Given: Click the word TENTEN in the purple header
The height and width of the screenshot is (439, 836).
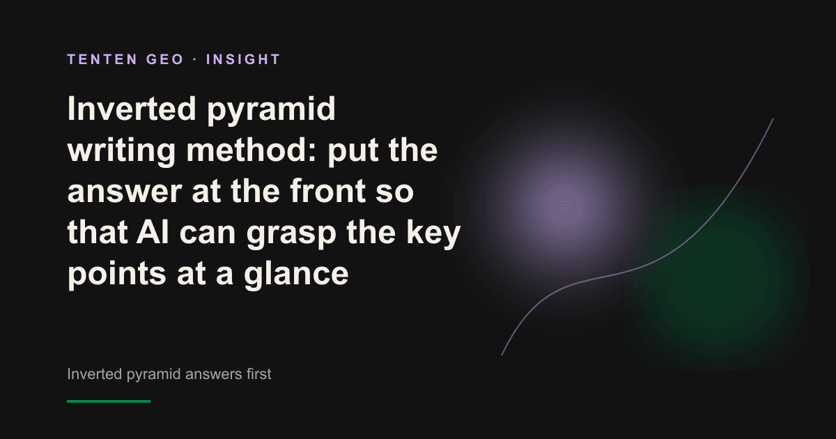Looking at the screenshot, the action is pyautogui.click(x=102, y=59).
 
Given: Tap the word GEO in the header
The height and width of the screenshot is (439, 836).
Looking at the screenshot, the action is pyautogui.click(x=165, y=59).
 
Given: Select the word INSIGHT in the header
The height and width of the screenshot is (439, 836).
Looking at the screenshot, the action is pyautogui.click(x=243, y=59).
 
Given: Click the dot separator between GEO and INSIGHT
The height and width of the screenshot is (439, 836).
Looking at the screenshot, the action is pyautogui.click(x=195, y=60).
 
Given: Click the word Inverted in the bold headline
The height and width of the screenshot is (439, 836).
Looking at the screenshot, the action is pyautogui.click(x=132, y=109).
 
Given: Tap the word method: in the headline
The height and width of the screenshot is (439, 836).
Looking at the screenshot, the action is pyautogui.click(x=251, y=150).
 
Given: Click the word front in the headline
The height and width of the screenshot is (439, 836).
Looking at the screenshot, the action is pyautogui.click(x=327, y=191).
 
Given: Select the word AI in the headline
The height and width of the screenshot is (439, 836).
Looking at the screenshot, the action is pyautogui.click(x=153, y=232).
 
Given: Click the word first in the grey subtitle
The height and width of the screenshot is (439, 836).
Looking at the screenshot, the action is pyautogui.click(x=258, y=373).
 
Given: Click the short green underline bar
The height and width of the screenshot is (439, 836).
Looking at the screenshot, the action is pyautogui.click(x=109, y=401).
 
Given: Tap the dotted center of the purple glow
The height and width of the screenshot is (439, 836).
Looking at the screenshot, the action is pyautogui.click(x=565, y=206).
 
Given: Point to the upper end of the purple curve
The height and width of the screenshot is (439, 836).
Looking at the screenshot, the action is pyautogui.click(x=773, y=119).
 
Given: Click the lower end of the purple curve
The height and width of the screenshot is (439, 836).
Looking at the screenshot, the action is pyautogui.click(x=502, y=355).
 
